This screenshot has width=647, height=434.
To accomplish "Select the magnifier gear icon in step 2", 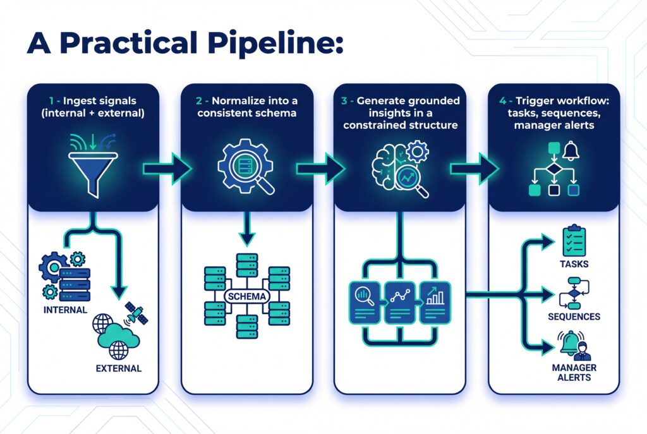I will (x=246, y=167).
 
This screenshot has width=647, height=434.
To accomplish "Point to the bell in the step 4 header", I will (x=571, y=152).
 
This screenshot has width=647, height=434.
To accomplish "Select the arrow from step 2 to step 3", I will (x=320, y=168).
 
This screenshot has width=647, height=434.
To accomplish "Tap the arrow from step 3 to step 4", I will (x=473, y=168).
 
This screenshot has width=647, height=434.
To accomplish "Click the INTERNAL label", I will (x=65, y=310).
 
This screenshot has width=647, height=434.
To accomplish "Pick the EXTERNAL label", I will (x=118, y=368).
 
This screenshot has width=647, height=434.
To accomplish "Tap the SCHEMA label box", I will (x=246, y=296).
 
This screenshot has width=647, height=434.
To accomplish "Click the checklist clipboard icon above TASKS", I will (x=574, y=241).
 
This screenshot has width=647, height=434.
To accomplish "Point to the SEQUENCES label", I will (x=574, y=316).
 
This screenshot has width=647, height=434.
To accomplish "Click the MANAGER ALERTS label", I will (x=574, y=372).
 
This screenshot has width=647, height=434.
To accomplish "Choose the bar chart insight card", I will (x=435, y=302).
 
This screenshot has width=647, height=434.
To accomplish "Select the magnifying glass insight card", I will (x=366, y=302).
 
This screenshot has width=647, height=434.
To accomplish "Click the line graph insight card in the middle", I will (x=401, y=302).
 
